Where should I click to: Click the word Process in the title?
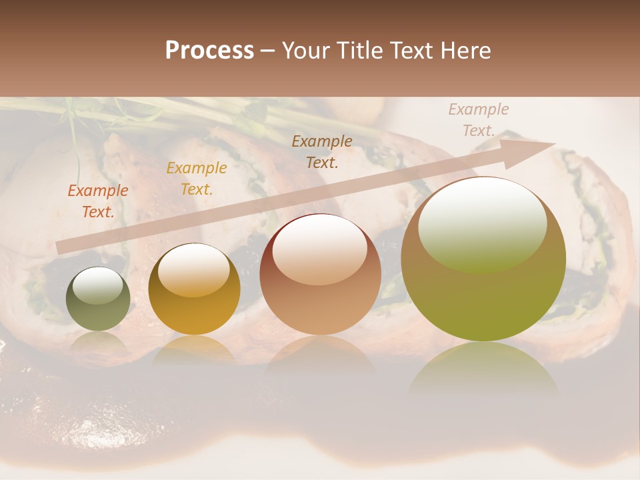209,51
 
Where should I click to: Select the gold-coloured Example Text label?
196,179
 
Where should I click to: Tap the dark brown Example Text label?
322,151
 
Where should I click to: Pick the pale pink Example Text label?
478,120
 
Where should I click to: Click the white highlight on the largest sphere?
483,223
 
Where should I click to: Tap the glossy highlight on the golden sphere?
194,270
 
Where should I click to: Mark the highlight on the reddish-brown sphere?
320,251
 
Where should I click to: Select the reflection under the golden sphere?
194,350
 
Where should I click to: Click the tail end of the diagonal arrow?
61,247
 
